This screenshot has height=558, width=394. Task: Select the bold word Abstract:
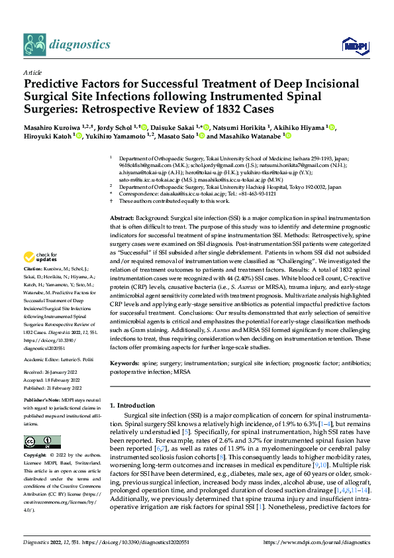tap(122, 218)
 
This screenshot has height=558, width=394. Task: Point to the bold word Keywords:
tap(124, 364)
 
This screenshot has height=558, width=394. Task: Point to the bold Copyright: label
tap(36, 456)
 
